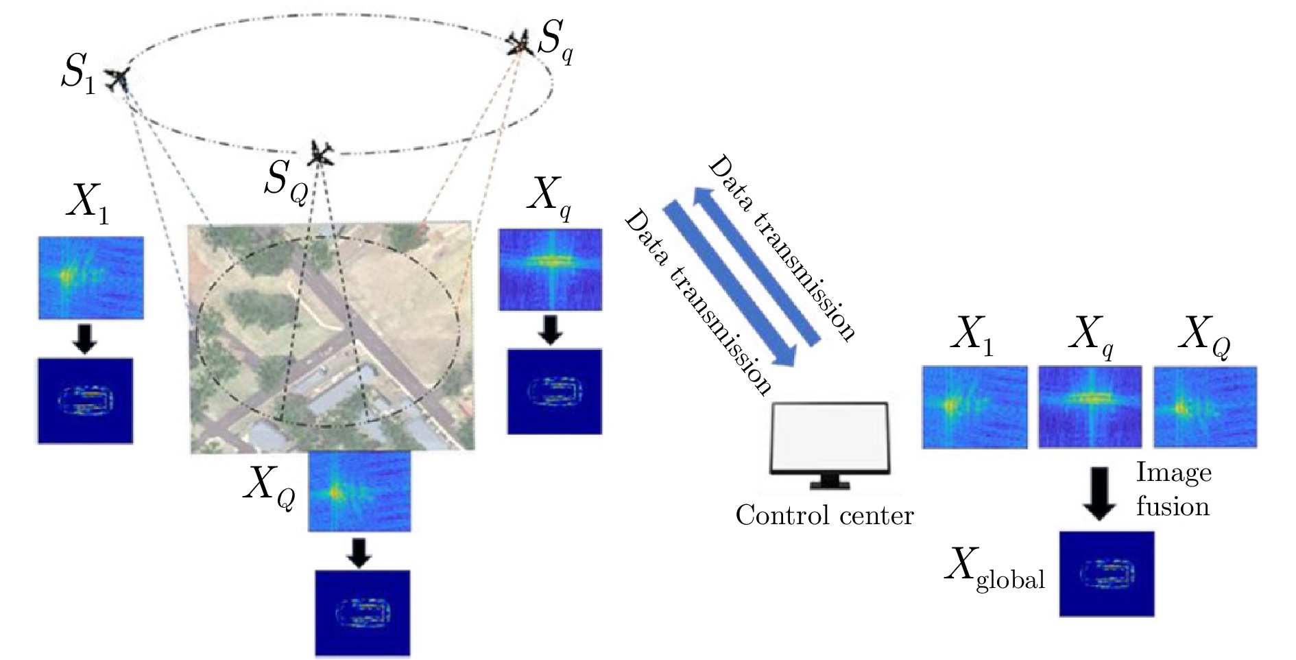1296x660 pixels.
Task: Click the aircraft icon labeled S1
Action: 119,80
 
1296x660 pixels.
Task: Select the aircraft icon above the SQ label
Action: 320,153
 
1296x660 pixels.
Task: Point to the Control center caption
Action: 824,515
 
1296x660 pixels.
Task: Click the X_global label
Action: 994,571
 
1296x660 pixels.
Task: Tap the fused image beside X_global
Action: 1106,573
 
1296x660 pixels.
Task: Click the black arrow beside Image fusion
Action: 1099,493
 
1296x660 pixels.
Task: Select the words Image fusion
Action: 1173,489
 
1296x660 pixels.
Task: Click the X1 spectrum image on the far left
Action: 91,277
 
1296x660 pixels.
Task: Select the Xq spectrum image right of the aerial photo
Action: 551,269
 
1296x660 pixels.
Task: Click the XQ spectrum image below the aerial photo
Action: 360,491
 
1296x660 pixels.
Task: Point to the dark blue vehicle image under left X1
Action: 85,401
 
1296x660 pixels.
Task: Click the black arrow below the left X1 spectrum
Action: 85,338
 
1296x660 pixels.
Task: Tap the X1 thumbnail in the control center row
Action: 974,408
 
